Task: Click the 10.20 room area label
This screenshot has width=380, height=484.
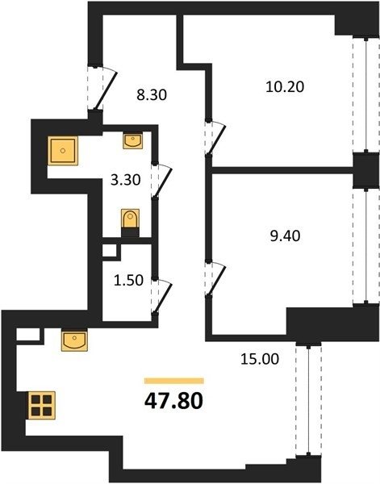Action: point(285,87)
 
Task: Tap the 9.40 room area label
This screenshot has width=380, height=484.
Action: point(285,236)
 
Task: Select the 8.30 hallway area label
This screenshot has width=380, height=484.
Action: point(152,94)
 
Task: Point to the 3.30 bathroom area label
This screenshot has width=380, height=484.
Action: point(126,180)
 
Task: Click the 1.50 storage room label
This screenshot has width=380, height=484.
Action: point(128,280)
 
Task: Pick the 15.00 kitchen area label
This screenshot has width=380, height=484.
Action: point(260,359)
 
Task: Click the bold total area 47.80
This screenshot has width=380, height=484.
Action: point(173,401)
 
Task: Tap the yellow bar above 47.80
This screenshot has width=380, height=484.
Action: point(174,381)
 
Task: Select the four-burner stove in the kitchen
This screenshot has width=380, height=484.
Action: point(42,405)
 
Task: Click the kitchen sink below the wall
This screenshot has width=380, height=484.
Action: point(74,340)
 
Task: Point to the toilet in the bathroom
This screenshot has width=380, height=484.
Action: point(130,223)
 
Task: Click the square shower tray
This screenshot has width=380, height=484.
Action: point(63,151)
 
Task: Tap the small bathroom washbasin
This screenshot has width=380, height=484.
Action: point(133,140)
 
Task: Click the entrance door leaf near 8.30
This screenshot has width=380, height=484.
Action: point(106,90)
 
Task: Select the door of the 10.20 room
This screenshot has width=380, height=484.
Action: point(218,139)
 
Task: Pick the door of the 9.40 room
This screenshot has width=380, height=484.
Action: point(217,279)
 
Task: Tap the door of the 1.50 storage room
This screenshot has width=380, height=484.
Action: point(163,298)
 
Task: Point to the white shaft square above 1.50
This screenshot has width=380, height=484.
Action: point(110,251)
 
